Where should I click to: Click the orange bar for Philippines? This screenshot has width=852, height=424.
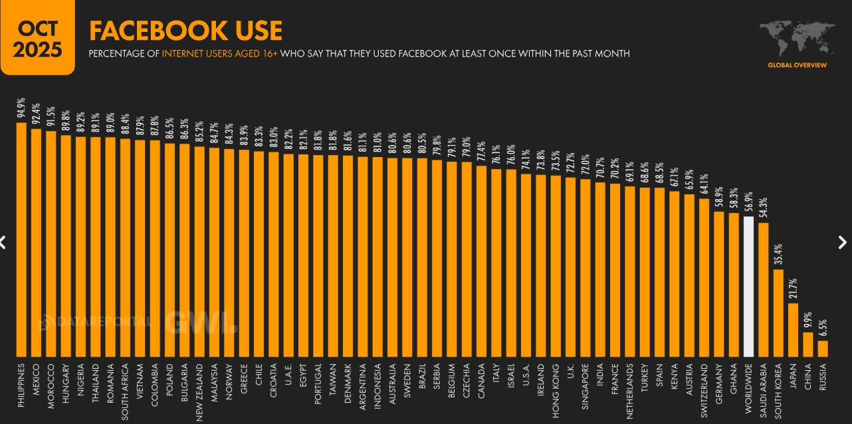click(x=21, y=240)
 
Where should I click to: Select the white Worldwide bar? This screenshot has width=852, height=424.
click(x=748, y=287)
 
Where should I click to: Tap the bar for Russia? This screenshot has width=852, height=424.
click(x=823, y=349)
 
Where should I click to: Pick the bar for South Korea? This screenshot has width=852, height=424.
click(x=778, y=313)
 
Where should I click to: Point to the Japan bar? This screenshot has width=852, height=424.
click(x=793, y=330)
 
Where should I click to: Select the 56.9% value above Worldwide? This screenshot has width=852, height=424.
click(x=748, y=204)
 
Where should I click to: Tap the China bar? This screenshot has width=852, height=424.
click(x=807, y=345)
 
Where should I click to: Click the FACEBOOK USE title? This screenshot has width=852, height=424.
click(x=185, y=31)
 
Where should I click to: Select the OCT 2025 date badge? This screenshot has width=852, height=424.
click(x=37, y=39)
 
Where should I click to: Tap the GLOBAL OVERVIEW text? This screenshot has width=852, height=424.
click(x=797, y=65)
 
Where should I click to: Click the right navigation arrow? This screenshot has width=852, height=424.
click(x=843, y=242)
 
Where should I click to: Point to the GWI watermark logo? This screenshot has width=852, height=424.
click(x=201, y=322)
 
